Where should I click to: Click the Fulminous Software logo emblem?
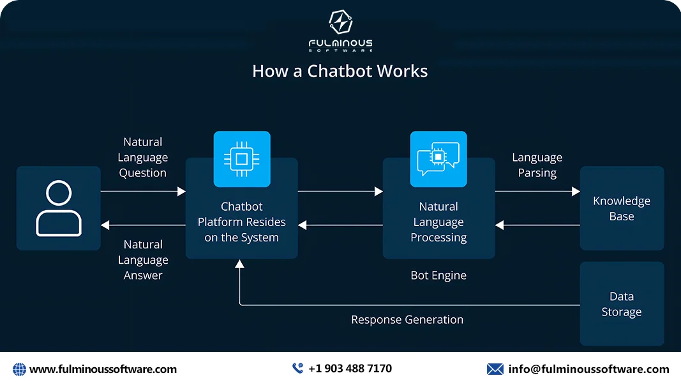point(340,23)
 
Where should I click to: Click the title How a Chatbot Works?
point(340,71)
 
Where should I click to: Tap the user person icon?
point(59,208)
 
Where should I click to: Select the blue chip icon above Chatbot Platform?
point(242,159)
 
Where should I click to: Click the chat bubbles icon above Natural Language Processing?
point(438,159)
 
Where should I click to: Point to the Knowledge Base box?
point(622,208)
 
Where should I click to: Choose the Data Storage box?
point(622,304)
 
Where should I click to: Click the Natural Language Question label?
point(143,157)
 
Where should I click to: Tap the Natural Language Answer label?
point(143,260)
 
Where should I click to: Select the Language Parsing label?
point(537,165)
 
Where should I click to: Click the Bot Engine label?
point(438,276)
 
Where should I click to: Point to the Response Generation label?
point(407,319)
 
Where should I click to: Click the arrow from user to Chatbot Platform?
point(143,191)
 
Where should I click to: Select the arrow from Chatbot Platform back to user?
point(143,225)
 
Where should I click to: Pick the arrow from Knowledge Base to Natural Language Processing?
point(537,225)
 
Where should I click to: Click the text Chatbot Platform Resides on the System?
point(242,222)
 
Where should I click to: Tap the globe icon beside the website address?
point(20,369)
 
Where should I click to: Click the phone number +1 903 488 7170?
point(350,368)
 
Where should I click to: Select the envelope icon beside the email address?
point(495,369)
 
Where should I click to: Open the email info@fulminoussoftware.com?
point(588,369)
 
